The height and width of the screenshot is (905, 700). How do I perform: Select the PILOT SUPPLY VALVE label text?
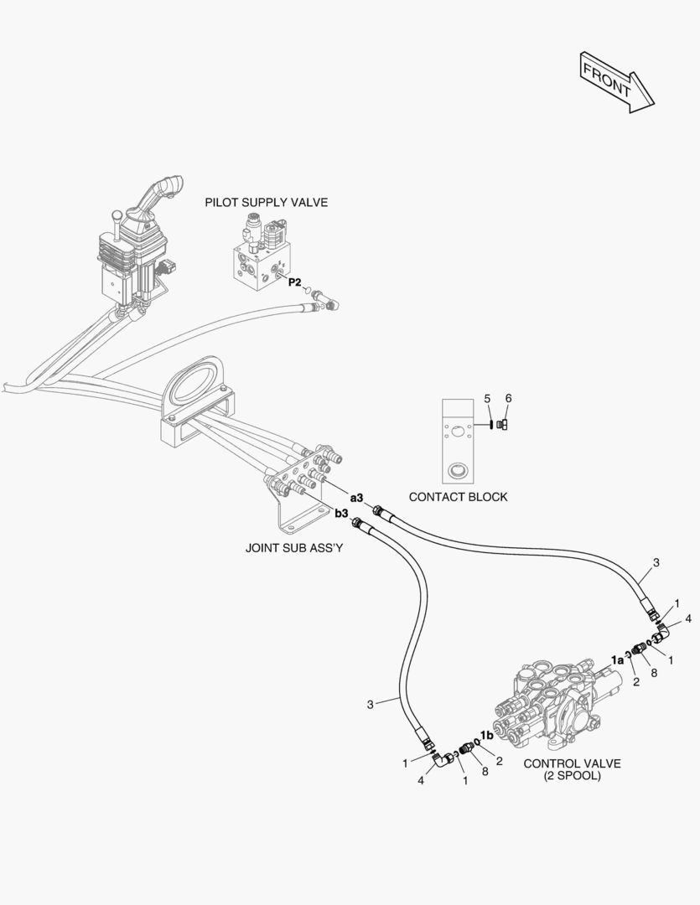[267, 202]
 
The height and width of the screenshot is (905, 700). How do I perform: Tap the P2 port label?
[294, 282]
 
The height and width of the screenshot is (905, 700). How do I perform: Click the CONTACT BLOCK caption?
[458, 497]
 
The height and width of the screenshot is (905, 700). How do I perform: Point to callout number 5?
[486, 399]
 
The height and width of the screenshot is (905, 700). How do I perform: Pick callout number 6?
[507, 398]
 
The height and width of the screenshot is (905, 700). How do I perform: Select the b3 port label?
[341, 514]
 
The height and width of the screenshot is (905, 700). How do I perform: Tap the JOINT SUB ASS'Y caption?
[294, 549]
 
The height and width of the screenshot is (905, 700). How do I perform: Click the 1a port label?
[617, 659]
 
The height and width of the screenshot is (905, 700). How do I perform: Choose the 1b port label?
[486, 735]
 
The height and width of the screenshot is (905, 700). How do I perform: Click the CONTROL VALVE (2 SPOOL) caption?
[573, 769]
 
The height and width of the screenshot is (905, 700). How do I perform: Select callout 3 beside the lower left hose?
[370, 705]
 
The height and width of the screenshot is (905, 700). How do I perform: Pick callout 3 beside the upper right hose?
[656, 563]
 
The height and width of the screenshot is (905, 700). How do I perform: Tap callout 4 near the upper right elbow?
[687, 618]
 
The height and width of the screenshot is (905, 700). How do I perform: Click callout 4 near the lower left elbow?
[421, 781]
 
